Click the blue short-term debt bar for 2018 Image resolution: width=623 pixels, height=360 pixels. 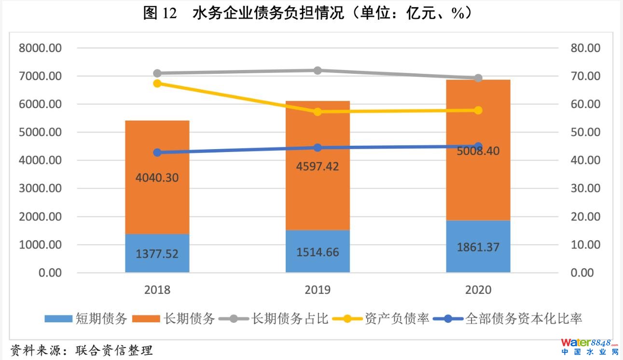(x=157, y=253)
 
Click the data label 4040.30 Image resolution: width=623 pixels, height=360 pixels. (x=157, y=178)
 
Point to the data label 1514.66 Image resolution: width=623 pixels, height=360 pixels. (x=318, y=252)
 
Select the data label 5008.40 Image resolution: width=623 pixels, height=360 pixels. (x=478, y=151)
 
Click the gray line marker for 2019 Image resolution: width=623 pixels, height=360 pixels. (x=318, y=70)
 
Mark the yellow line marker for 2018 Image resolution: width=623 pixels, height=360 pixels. (x=157, y=83)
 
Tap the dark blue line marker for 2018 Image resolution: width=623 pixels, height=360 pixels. (x=157, y=152)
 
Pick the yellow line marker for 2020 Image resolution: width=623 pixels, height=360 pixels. (x=478, y=110)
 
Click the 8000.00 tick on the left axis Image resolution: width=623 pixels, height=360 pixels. (x=41, y=48)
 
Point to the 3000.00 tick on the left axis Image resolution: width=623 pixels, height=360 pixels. (x=41, y=189)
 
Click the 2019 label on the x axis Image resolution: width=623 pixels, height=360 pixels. (x=318, y=290)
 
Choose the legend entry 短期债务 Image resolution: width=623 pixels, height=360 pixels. (x=86, y=319)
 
